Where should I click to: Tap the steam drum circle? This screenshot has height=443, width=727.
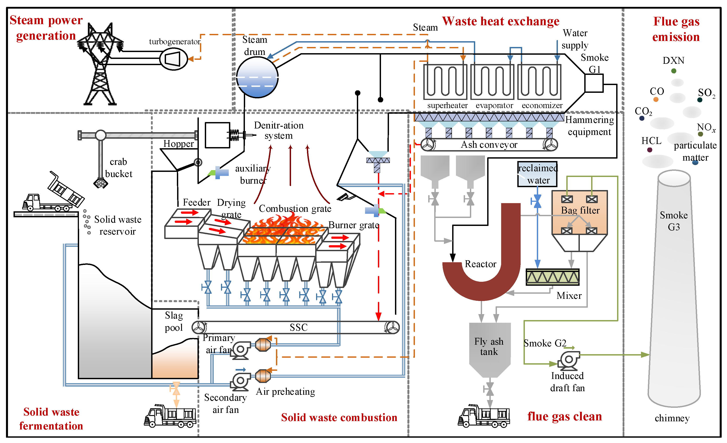click(x=257, y=77)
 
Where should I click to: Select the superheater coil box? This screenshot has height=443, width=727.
click(x=445, y=82)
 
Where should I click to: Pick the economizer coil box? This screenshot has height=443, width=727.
click(x=539, y=82)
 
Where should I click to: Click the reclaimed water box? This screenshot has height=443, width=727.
click(x=537, y=174)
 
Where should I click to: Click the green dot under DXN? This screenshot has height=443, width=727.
click(x=674, y=71)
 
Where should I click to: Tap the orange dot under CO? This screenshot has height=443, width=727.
click(x=656, y=99)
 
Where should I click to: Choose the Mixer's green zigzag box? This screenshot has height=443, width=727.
click(x=552, y=277)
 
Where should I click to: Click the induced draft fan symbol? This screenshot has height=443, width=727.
click(x=569, y=360)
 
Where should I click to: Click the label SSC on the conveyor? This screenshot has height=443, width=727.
click(x=299, y=327)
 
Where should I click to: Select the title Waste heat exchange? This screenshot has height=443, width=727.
click(x=500, y=21)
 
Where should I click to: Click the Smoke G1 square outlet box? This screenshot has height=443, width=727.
click(x=594, y=83)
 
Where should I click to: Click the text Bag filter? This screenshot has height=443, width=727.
click(x=580, y=210)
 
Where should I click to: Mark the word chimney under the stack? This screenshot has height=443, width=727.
click(x=672, y=418)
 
